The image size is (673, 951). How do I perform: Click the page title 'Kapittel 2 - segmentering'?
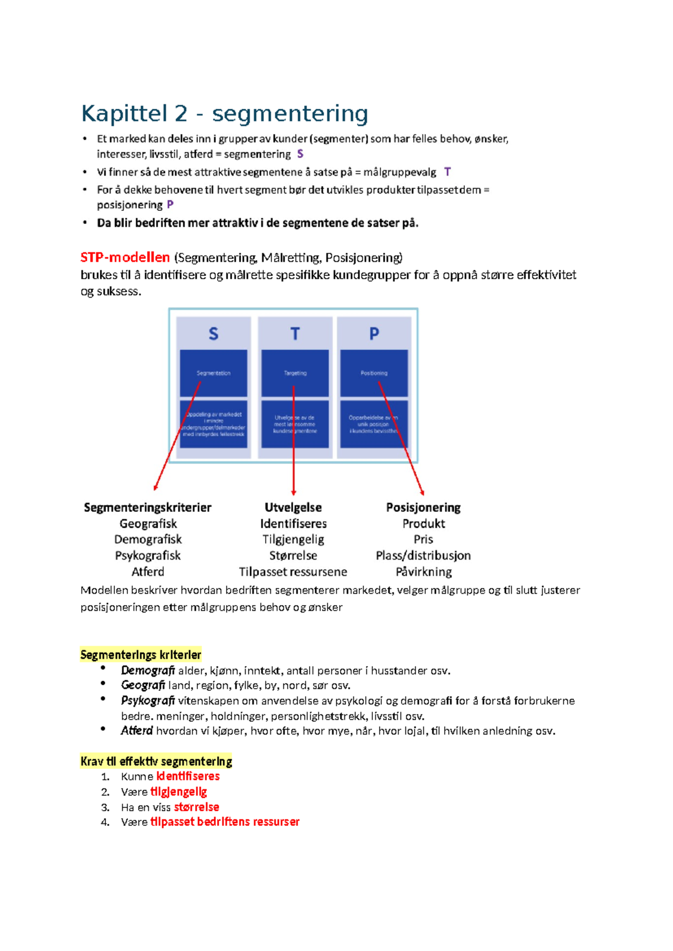point(224,113)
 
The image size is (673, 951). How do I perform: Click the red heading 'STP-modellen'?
point(125,257)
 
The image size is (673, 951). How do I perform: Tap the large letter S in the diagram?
point(213,334)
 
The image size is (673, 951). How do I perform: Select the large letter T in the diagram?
point(295,334)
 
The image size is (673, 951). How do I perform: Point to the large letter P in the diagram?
point(374,334)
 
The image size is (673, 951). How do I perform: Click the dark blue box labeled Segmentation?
point(213,373)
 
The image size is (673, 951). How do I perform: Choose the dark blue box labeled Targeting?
point(295,373)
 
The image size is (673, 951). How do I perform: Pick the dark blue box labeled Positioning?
point(374,373)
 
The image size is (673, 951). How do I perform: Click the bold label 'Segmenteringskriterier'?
point(147,507)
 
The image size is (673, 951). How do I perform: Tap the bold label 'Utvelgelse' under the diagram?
point(293,507)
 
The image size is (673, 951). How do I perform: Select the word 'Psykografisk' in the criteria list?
point(147,556)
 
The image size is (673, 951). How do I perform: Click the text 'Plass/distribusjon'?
point(423,556)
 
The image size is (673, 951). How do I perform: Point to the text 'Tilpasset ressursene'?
point(293,572)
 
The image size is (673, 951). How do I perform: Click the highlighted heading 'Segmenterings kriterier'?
point(141,655)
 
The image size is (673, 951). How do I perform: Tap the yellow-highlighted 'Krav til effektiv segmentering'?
point(156,761)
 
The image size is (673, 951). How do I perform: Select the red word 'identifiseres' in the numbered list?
point(188,777)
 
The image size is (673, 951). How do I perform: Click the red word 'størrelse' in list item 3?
point(196,807)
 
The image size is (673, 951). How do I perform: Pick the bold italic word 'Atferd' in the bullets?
point(137,731)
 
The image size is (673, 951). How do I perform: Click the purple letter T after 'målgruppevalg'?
point(447,172)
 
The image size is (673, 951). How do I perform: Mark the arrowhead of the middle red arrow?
point(293,493)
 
